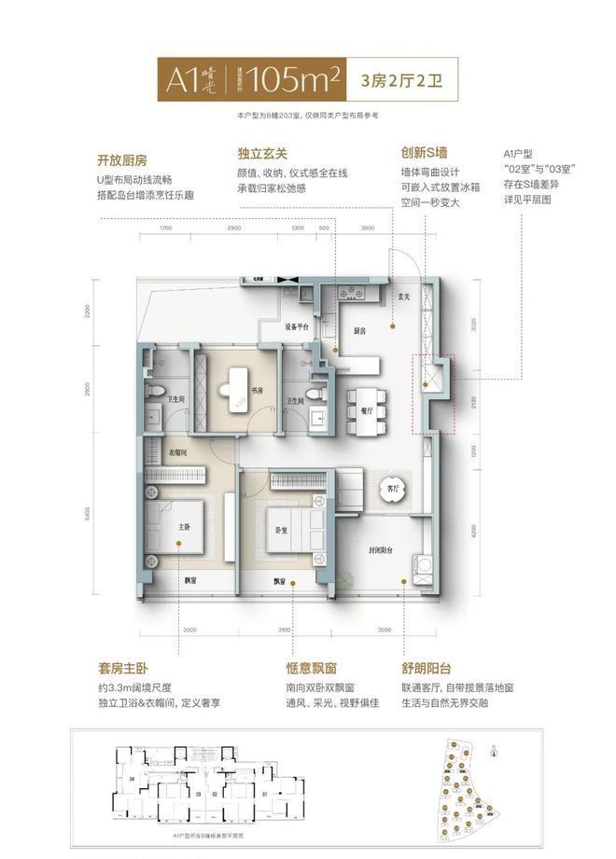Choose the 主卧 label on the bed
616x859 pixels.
(184, 527)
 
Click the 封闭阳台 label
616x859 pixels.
(384, 550)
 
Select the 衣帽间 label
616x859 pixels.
(178, 452)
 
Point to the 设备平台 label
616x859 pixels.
(297, 327)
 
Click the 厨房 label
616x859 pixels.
(359, 331)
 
